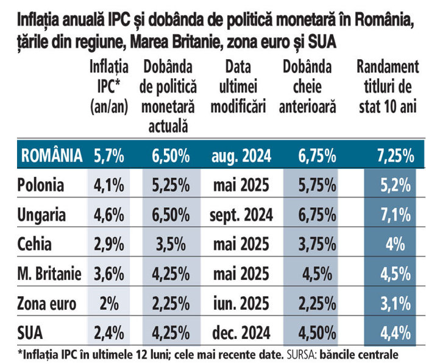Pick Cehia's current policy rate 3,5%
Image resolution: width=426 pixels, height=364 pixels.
tap(166, 244)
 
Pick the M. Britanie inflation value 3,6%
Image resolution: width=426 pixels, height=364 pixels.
tap(108, 274)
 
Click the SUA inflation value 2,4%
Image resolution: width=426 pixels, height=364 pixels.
tap(108, 334)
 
